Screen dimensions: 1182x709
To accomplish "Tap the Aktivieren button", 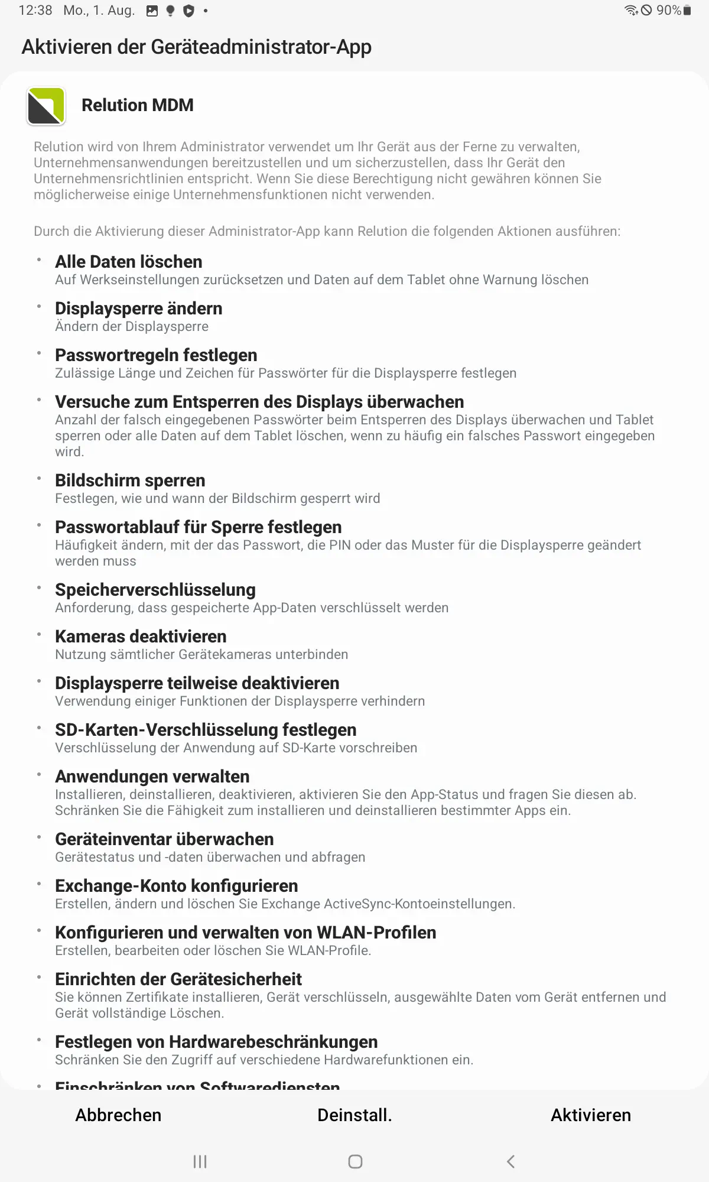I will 591,1115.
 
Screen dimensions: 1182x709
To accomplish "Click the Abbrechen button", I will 118,1115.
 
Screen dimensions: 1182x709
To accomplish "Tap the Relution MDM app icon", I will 46,106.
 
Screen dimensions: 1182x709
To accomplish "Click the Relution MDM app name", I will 138,105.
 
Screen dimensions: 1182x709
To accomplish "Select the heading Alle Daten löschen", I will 129,262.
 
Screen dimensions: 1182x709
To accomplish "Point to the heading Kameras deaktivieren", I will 141,637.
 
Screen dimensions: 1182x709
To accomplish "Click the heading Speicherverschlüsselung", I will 155,590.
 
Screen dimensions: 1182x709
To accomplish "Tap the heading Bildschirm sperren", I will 130,480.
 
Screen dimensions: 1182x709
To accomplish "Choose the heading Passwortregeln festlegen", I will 156,355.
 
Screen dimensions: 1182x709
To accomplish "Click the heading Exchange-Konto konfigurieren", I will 176,886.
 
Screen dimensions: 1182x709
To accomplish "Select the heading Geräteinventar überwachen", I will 164,839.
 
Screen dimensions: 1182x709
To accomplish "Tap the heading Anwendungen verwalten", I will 152,777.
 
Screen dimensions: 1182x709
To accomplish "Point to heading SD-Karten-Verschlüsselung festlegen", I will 206,730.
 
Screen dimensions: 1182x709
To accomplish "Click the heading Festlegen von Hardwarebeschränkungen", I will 216,1042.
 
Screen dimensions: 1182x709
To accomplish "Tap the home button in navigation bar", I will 355,1162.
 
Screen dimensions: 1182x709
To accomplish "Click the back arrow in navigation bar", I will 511,1162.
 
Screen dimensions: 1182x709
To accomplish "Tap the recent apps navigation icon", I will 200,1162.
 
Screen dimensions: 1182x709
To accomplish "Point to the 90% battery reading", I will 668,11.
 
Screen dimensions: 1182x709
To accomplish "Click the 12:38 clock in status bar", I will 35,11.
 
